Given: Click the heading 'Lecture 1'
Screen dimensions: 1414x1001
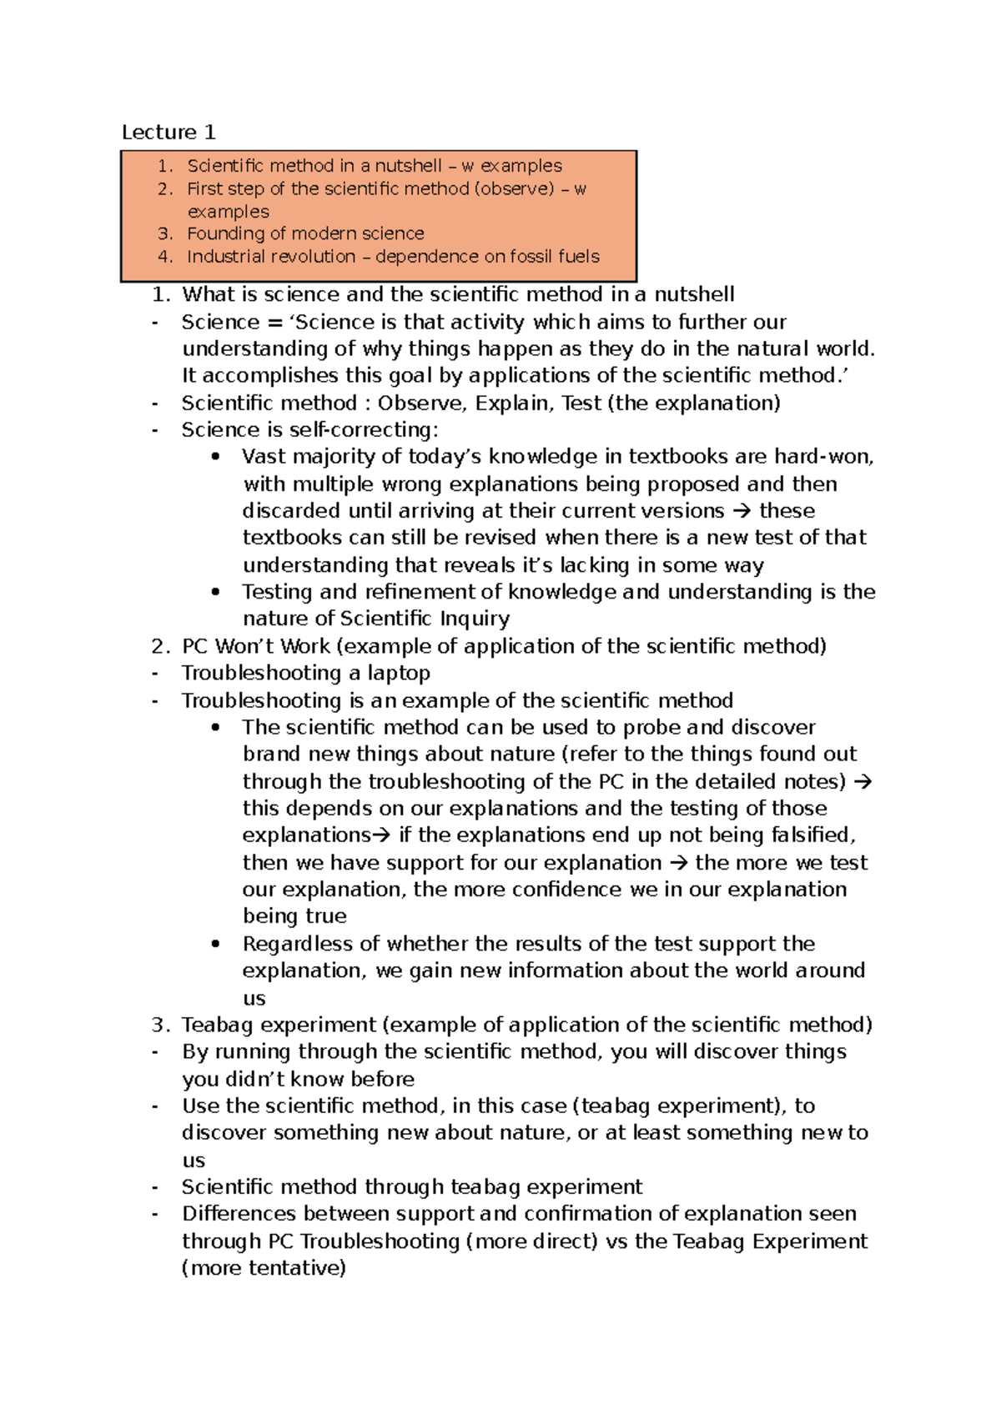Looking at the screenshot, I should click(169, 132).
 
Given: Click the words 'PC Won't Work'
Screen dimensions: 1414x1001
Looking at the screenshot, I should click(257, 646).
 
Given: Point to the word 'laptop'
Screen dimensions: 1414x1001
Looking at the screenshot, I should click(399, 673).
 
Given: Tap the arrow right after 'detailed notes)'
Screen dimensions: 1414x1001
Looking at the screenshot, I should click(863, 781).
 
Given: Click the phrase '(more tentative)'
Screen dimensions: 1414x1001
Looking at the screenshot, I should click(264, 1268).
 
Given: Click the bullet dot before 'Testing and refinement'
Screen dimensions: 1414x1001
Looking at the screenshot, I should click(216, 592).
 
